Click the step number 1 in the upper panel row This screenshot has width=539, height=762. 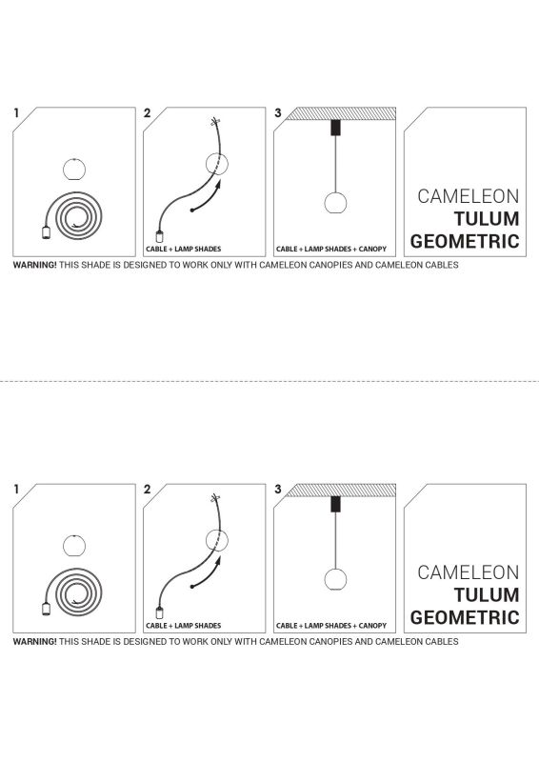[16, 112]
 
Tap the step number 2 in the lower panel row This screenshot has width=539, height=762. [148, 490]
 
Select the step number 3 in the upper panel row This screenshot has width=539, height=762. [277, 112]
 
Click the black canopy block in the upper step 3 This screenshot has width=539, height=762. [335, 128]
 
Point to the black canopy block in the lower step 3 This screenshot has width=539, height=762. [335, 504]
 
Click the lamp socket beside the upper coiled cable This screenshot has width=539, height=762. [46, 233]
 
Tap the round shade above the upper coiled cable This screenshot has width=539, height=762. [74, 170]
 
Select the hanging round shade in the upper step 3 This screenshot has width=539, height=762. [335, 203]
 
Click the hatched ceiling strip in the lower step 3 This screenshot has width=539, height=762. [341, 490]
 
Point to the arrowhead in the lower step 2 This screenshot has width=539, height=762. [218, 561]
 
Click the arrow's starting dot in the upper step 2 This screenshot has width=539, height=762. [192, 210]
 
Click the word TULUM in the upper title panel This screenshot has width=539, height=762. [487, 219]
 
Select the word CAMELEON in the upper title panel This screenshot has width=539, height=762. [469, 196]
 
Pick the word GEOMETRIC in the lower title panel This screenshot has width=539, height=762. [465, 617]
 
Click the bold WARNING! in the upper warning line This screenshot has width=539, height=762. [34, 265]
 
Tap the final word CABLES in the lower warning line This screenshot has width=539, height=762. [441, 641]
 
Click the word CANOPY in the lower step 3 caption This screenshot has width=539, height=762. [372, 626]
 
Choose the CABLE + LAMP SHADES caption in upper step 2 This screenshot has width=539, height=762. [183, 249]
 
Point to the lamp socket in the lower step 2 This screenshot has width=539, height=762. [159, 612]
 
